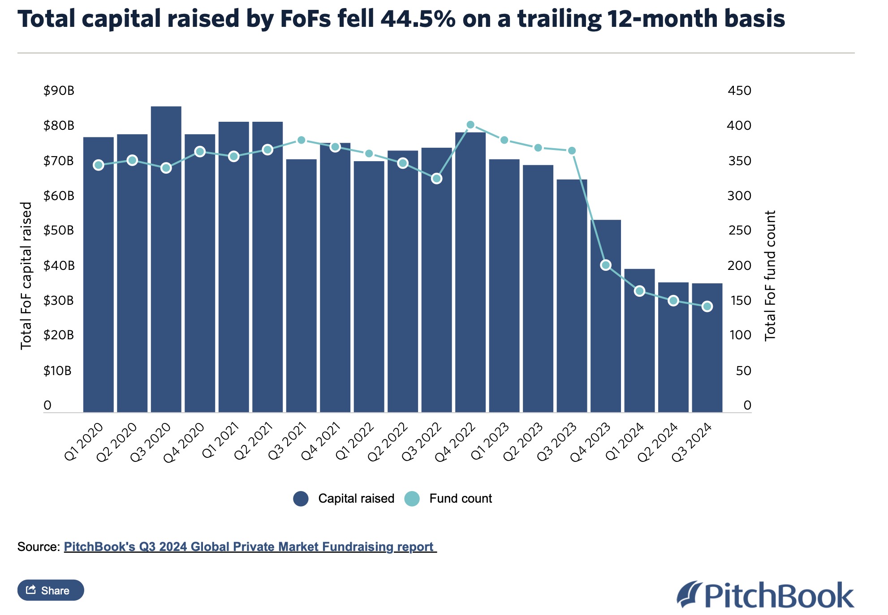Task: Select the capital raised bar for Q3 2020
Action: click(x=166, y=260)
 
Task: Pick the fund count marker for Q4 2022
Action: click(x=470, y=125)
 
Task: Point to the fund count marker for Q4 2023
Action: click(x=606, y=265)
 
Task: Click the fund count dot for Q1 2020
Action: click(x=99, y=165)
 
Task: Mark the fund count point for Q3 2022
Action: click(x=437, y=179)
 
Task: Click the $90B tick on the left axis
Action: click(x=59, y=91)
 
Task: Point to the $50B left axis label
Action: click(x=59, y=231)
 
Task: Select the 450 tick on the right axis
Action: click(x=739, y=91)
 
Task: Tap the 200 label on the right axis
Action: click(x=739, y=265)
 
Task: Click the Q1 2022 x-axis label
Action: click(x=355, y=441)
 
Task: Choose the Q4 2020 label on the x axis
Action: click(x=184, y=442)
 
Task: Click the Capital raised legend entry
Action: click(x=344, y=499)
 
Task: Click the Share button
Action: click(x=51, y=590)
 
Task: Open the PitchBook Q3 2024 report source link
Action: click(x=250, y=547)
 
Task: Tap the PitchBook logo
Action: click(x=765, y=595)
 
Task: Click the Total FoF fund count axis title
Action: click(x=770, y=276)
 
